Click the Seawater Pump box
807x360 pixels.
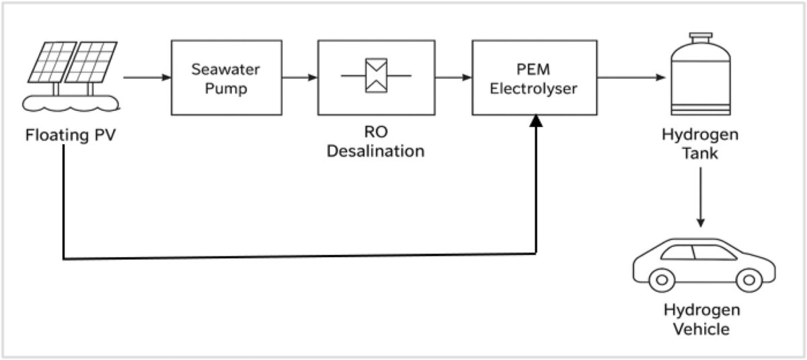(226, 77)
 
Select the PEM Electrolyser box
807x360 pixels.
(534, 77)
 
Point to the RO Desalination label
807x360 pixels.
(376, 142)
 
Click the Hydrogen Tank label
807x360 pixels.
(701, 143)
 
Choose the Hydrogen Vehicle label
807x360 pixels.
(701, 320)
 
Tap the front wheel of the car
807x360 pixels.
(747, 278)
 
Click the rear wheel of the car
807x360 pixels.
(662, 278)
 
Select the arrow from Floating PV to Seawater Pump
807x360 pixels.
(147, 77)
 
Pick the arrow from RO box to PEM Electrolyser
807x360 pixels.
(453, 77)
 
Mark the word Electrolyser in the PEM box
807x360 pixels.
(534, 87)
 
